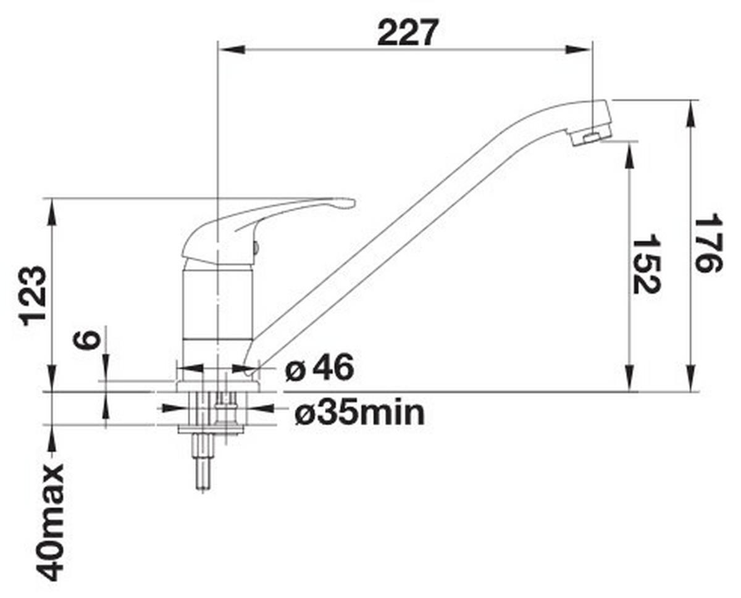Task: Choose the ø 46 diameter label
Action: pos(320,368)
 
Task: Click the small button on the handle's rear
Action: pos(255,248)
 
